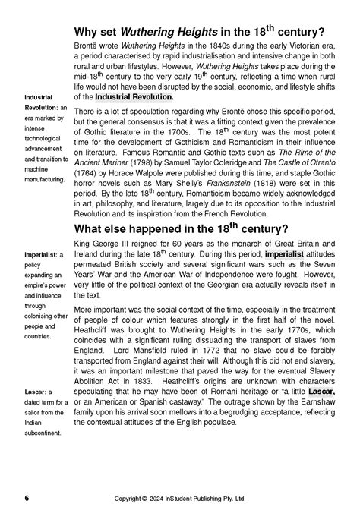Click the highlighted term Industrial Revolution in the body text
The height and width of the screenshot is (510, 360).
(x=134, y=97)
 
